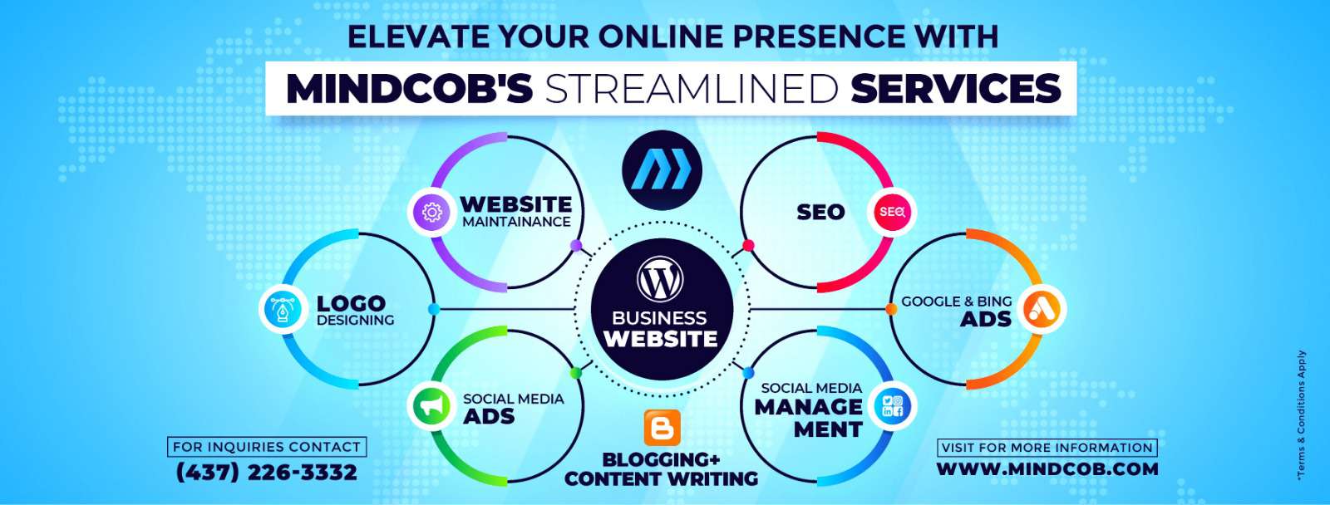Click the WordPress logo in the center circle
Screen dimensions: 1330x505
pos(660,277)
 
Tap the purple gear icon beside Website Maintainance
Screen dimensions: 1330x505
pos(431,212)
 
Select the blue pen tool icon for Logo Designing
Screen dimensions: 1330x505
pos(283,309)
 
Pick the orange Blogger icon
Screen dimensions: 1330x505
pos(662,427)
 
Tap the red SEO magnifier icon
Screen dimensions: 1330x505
pos(892,212)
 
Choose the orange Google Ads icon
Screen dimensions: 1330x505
pos(1041,309)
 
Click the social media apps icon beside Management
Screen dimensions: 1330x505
pos(893,406)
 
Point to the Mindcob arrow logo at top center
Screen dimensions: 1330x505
pos(662,170)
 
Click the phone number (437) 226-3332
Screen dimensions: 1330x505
pos(267,473)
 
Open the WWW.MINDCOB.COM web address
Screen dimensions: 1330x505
pos(1047,468)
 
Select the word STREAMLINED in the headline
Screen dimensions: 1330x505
pos(691,88)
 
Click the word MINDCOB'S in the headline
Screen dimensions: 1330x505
pos(409,88)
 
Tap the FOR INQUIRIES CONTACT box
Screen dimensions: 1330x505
pos(267,447)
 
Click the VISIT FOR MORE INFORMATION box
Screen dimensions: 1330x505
pos(1047,448)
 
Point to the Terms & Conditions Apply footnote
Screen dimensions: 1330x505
pos(1302,414)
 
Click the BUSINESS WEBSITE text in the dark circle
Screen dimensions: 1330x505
pos(660,329)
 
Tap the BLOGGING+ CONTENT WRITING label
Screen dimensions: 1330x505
pos(662,468)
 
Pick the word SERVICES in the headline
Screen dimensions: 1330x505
pos(955,88)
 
